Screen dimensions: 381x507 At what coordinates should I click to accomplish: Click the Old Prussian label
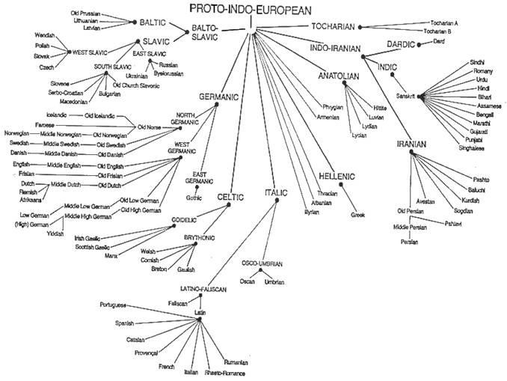click(x=85, y=13)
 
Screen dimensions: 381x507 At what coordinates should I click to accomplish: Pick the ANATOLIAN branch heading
click(x=338, y=76)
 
